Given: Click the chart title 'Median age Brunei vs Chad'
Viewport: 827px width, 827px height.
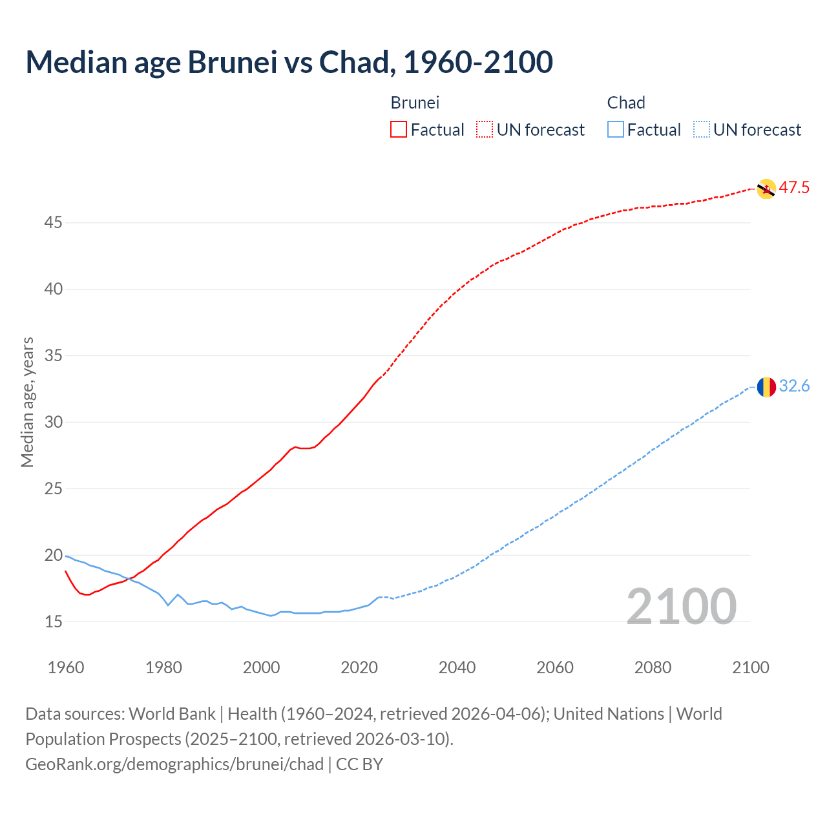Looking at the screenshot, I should point(289,62).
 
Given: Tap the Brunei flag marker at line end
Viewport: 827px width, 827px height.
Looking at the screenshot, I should point(766,189).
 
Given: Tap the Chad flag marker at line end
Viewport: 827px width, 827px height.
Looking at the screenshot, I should point(766,387).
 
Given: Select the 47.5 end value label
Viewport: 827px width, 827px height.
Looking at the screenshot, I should point(794,188).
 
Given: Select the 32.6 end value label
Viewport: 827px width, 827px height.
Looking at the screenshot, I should point(794,386).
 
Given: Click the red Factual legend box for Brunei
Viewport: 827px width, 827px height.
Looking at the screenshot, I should point(399,130).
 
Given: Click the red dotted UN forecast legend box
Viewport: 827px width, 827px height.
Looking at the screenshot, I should point(485,130).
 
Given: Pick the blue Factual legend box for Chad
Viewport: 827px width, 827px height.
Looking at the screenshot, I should point(616,130).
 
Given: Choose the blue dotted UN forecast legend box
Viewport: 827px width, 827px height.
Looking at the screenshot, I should point(701,130).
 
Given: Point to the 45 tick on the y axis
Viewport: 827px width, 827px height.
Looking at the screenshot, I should point(53,223).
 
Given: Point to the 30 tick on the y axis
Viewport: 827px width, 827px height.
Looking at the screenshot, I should point(53,423).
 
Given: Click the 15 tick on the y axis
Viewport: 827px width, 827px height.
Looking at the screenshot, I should point(53,622).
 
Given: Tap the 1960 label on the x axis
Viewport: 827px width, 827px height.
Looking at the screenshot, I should point(66,667).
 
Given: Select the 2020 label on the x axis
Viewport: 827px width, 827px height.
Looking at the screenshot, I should point(359,667).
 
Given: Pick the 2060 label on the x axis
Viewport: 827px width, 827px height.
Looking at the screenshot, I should point(555,667).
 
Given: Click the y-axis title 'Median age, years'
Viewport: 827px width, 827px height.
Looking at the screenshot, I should point(27,402).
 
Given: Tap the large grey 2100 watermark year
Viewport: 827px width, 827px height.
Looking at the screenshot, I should point(682,607).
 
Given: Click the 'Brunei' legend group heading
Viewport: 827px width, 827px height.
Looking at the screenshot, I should point(415,103).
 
